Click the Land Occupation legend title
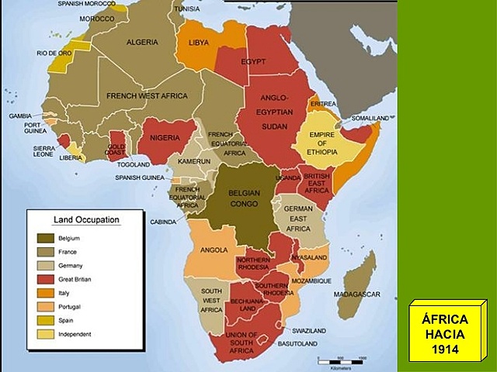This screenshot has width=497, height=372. pos(85,219)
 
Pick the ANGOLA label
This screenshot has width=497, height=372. pos(213,250)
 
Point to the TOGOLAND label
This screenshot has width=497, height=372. pos(134,165)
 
